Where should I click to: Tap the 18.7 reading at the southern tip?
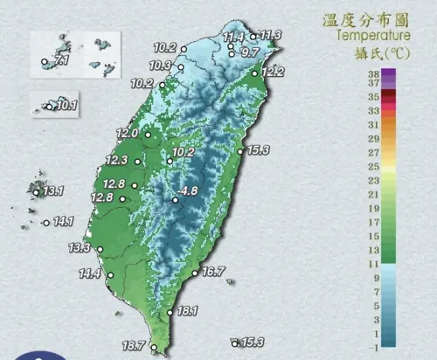135,347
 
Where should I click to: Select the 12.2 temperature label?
273,72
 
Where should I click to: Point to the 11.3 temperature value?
271,35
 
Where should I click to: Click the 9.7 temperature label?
250,53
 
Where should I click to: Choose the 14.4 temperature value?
90,274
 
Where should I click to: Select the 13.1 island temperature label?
54,190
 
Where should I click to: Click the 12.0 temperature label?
128,134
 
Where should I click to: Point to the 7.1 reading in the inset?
59,63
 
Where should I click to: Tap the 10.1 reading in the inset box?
67,107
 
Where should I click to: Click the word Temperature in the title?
372,36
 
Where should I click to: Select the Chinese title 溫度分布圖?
367,18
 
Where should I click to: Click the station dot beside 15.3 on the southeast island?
234,342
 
